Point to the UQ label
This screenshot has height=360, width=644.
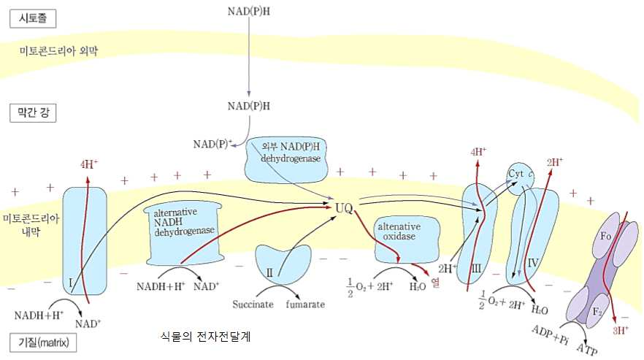click(344, 209)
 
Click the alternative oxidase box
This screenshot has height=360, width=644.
click(399, 234)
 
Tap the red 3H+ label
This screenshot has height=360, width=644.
click(621, 331)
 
